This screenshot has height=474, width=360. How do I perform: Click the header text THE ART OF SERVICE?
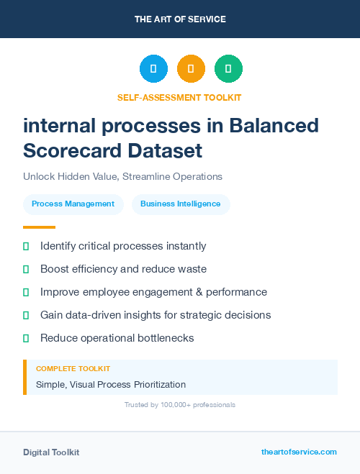[x=180, y=19]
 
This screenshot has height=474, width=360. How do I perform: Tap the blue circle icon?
[x=153, y=68]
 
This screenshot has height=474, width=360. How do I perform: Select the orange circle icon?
[x=191, y=68]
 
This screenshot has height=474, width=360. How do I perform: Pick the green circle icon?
[x=228, y=68]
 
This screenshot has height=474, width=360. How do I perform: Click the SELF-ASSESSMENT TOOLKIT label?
[x=179, y=97]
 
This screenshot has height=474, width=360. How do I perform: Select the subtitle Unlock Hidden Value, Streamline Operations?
[x=122, y=176]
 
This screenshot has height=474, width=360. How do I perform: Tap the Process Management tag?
[x=73, y=204]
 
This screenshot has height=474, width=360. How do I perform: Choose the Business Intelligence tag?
[x=180, y=204]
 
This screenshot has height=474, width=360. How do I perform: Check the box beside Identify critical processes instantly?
[x=26, y=246]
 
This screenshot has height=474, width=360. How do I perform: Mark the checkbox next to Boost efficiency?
[x=26, y=269]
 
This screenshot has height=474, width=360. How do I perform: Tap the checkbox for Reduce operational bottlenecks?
[x=26, y=338]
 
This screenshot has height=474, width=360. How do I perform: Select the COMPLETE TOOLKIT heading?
[x=73, y=368]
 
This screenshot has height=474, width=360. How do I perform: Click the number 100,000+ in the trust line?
[x=172, y=405]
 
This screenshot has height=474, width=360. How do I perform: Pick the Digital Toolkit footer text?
[x=51, y=452]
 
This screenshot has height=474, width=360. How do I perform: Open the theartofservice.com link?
[x=299, y=452]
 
